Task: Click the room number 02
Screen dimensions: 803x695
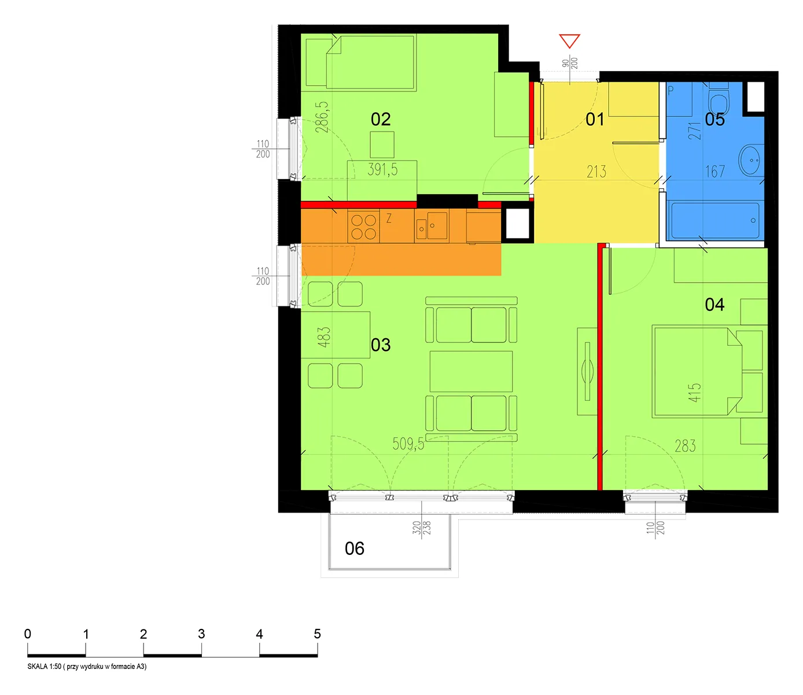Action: tap(380, 119)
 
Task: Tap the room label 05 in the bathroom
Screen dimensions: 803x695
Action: tap(714, 119)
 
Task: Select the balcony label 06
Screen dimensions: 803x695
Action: tap(354, 549)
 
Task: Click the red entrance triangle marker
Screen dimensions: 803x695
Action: tap(569, 41)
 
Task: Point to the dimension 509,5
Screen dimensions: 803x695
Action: tap(408, 444)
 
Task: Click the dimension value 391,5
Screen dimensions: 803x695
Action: tap(382, 170)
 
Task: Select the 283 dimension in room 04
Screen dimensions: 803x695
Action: tap(685, 446)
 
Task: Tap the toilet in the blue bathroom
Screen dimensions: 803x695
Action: tap(719, 100)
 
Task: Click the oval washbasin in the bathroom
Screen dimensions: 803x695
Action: tap(751, 160)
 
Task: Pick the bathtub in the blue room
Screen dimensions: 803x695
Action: tap(715, 221)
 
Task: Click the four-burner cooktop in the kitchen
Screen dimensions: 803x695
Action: tap(364, 227)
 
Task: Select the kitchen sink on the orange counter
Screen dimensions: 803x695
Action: tap(432, 226)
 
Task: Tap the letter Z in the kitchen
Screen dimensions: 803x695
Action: tap(389, 218)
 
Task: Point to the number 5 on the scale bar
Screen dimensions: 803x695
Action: tap(318, 634)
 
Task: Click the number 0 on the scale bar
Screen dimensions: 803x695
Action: tap(28, 634)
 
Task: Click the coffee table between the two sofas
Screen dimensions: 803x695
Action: tap(471, 371)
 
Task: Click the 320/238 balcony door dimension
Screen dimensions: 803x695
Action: tap(422, 528)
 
